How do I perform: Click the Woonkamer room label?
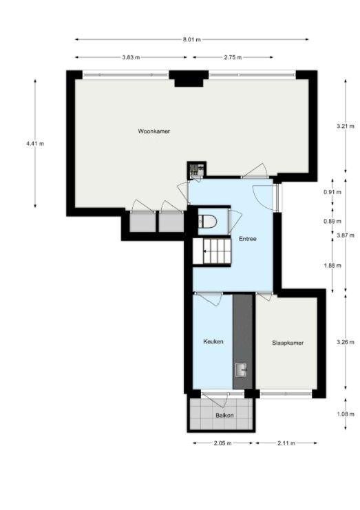click(x=153, y=131)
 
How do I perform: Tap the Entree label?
click(x=248, y=239)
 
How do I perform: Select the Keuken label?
click(x=213, y=341)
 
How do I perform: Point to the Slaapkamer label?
click(x=288, y=343)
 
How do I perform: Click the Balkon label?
click(x=224, y=415)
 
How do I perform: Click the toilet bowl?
click(x=207, y=222)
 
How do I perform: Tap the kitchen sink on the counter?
click(x=242, y=370)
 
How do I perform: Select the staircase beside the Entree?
click(x=212, y=251)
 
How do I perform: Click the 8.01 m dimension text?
click(x=191, y=40)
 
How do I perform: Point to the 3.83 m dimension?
click(x=131, y=58)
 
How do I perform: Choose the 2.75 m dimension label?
click(x=233, y=58)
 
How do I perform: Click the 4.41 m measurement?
click(x=35, y=143)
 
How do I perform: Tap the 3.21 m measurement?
click(x=346, y=126)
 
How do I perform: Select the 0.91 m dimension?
click(x=332, y=192)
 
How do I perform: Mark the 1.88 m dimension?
click(x=332, y=266)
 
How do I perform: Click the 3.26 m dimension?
click(x=346, y=342)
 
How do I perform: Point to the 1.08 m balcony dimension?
click(x=346, y=414)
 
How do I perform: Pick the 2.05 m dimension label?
click(x=222, y=443)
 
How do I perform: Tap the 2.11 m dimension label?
click(x=286, y=443)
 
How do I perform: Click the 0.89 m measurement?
click(x=332, y=221)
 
